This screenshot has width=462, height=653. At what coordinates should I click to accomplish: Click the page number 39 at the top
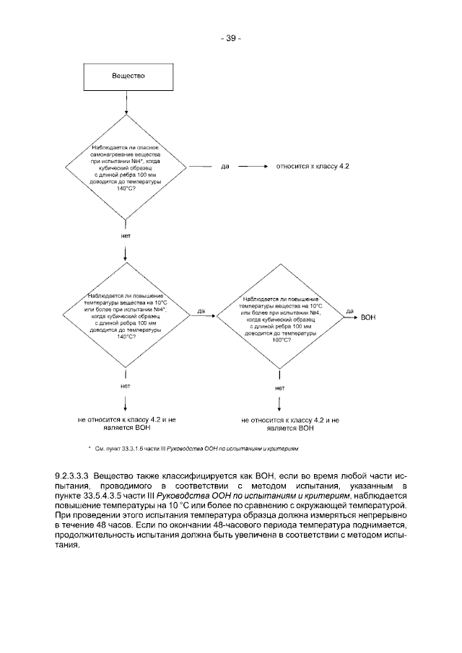(230, 38)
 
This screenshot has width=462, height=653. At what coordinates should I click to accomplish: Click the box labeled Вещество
(128, 76)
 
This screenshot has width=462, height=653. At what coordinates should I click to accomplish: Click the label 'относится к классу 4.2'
(313, 166)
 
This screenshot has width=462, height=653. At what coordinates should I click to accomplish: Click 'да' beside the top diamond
(226, 167)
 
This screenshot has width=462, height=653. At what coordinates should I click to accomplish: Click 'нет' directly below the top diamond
(126, 235)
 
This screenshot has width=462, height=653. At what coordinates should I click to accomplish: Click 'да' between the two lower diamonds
(201, 311)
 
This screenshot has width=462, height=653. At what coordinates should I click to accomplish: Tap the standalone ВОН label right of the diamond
(368, 317)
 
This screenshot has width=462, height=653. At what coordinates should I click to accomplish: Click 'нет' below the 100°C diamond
(280, 388)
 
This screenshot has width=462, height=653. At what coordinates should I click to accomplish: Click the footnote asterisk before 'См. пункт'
(90, 448)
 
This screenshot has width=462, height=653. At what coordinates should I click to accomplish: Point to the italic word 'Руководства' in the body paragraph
(199, 496)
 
